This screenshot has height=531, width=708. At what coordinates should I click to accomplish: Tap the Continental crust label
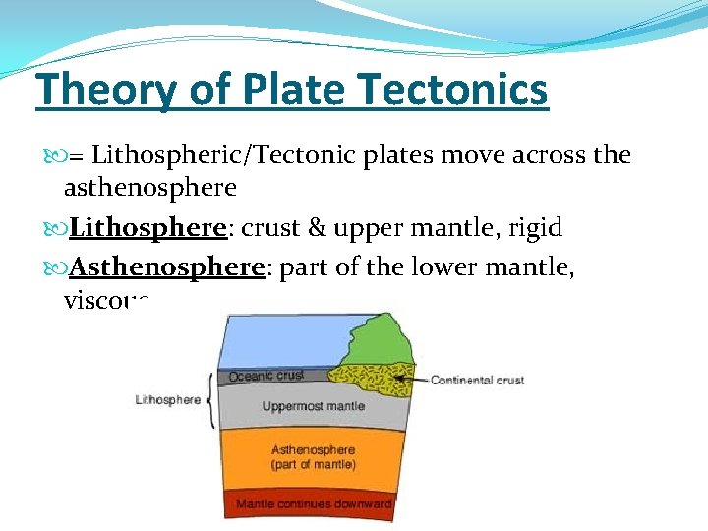477,380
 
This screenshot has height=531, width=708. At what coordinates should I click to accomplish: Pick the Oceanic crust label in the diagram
265,376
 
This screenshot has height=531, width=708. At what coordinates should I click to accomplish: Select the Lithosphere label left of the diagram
168,399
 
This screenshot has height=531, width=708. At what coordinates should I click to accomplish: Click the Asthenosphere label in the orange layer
314,450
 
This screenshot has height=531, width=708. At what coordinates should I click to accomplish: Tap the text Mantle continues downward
314,503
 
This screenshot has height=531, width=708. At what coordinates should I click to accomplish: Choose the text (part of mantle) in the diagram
314,464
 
